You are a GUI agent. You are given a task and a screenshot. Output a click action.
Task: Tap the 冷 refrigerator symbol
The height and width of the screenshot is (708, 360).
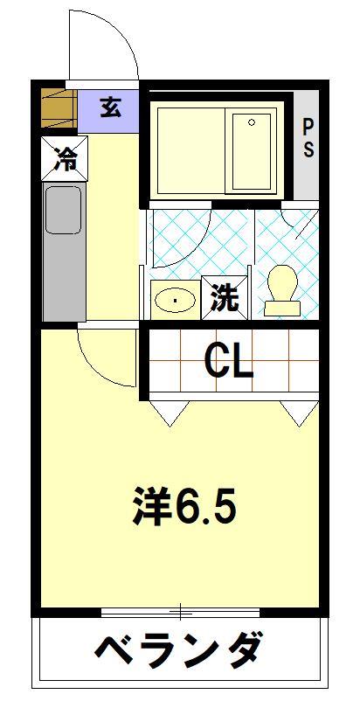[65, 158]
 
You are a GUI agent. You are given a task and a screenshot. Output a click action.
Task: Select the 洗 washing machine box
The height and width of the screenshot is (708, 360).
[225, 297]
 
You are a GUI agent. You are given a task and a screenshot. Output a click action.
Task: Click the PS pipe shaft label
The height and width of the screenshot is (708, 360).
[308, 138]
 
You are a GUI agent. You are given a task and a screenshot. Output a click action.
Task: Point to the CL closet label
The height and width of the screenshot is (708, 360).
[229, 362]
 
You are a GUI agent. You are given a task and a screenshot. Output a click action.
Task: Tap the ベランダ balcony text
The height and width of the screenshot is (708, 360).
[177, 651]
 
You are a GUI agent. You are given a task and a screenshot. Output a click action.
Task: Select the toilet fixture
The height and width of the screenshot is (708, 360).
[281, 289]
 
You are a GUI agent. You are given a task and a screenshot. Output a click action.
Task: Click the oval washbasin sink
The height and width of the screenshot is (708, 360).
[175, 300]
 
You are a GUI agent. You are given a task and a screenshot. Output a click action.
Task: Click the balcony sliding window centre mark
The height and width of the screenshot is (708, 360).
[181, 611]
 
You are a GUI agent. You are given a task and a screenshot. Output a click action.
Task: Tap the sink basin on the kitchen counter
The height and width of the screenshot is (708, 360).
[62, 209]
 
